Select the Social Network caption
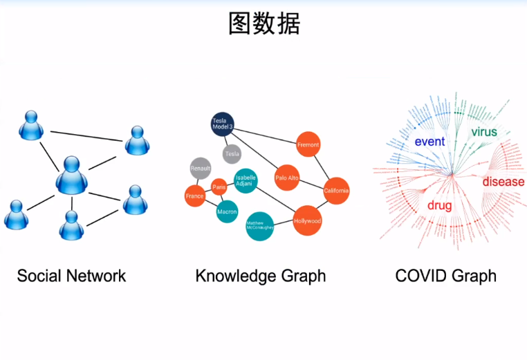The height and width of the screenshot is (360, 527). (71, 276)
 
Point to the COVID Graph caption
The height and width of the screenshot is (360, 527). (445, 276)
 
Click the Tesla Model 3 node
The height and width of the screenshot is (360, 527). (223, 124)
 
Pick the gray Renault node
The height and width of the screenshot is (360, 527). (201, 168)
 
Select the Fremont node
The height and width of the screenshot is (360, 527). (308, 144)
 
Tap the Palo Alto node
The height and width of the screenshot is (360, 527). (286, 178)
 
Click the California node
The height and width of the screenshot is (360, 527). (336, 190)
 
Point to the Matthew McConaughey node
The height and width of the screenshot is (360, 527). (260, 226)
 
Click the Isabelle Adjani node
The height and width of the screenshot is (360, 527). (246, 180)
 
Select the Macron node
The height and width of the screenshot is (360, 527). (227, 211)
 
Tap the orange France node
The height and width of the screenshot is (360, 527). (195, 196)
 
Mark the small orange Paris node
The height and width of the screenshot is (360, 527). (219, 187)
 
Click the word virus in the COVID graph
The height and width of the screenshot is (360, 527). (483, 131)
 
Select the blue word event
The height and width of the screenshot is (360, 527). (429, 142)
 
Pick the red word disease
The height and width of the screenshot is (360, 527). (503, 182)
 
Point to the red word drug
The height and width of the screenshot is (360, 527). (439, 205)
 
